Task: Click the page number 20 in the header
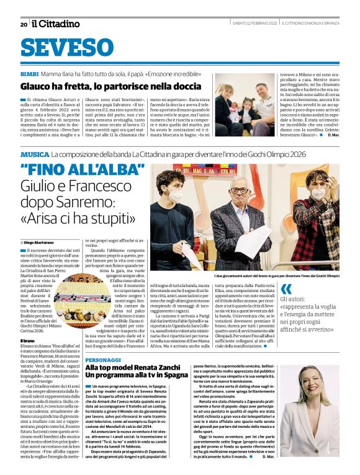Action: [23, 24]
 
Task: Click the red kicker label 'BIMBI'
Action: [29, 73]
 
